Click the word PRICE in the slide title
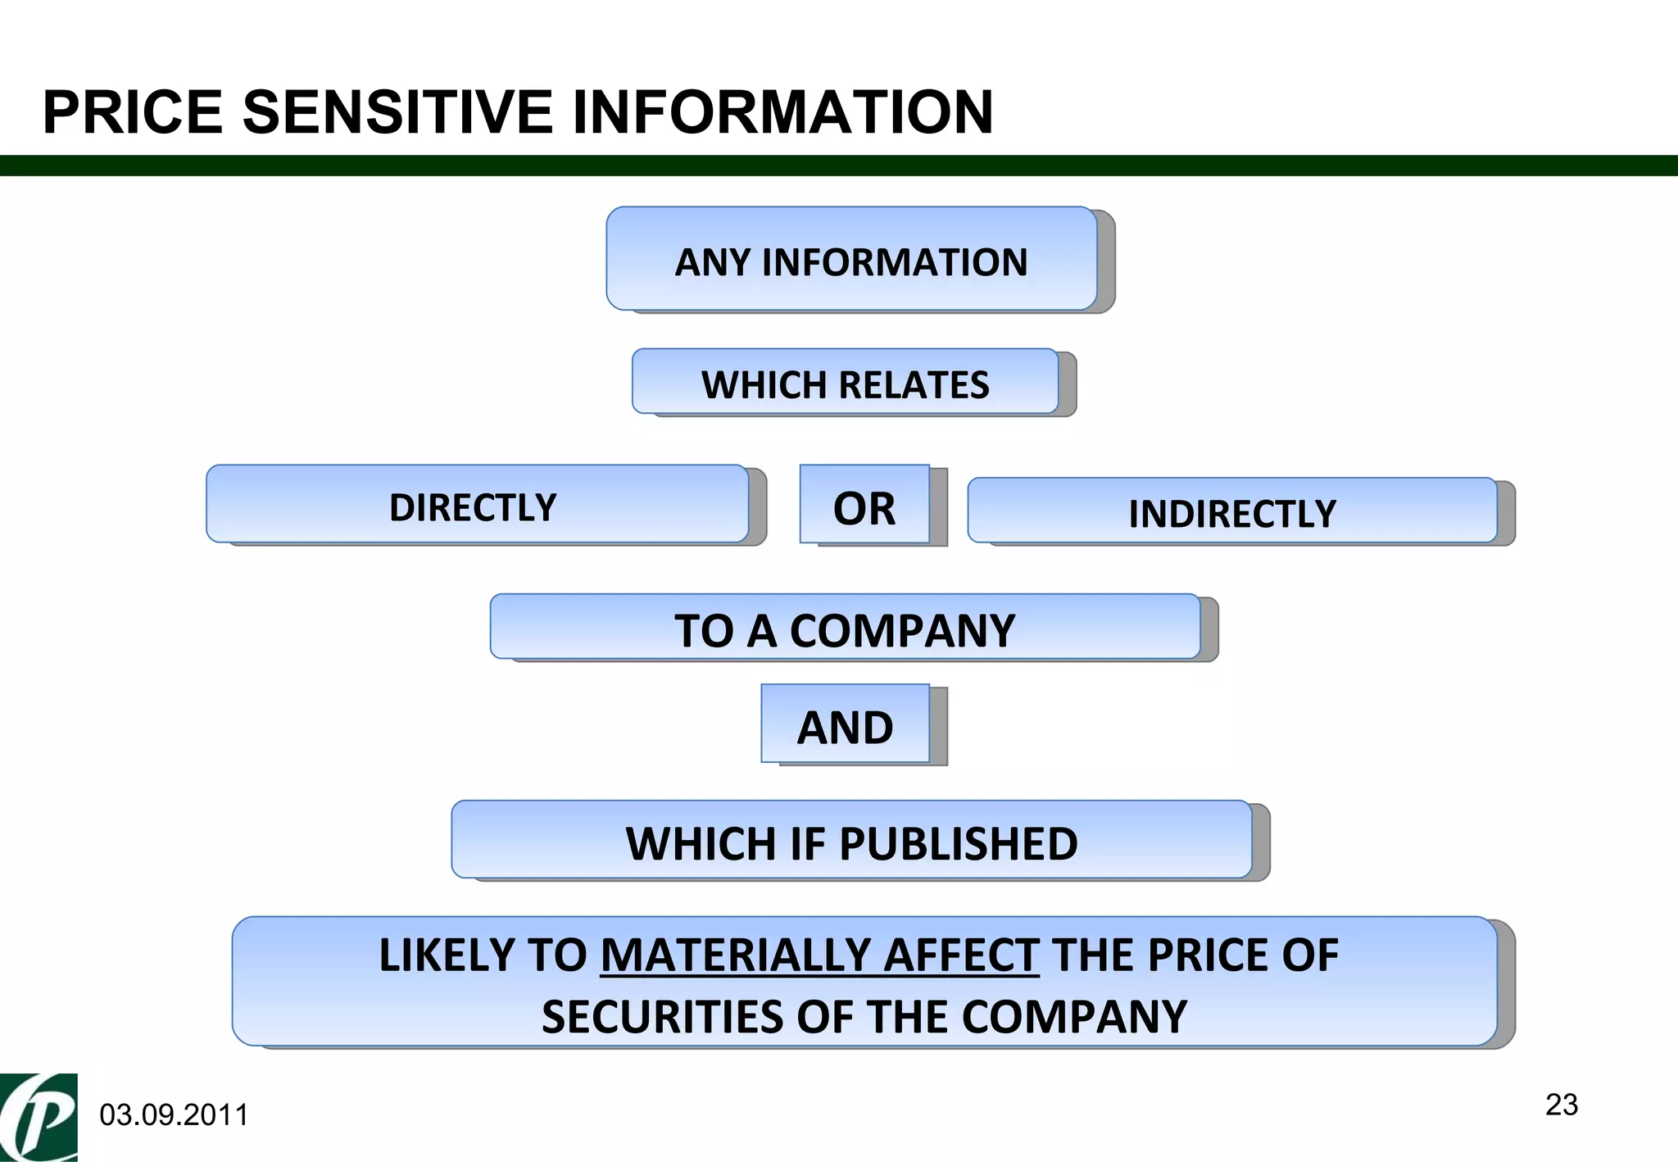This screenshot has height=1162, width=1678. tap(133, 112)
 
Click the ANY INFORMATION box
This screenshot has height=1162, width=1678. tap(851, 260)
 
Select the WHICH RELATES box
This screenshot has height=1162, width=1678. tap(845, 383)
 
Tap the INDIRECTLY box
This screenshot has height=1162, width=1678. tap(1231, 512)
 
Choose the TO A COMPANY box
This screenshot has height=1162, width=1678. tap(845, 628)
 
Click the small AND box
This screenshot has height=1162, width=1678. tap(845, 724)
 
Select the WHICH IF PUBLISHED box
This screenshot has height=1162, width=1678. tap(851, 841)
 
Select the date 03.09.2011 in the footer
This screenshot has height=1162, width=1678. tap(174, 1115)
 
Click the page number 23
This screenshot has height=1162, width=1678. tap(1561, 1105)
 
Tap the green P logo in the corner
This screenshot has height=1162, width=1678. tap(39, 1117)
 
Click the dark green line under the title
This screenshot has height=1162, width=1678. tap(839, 166)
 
